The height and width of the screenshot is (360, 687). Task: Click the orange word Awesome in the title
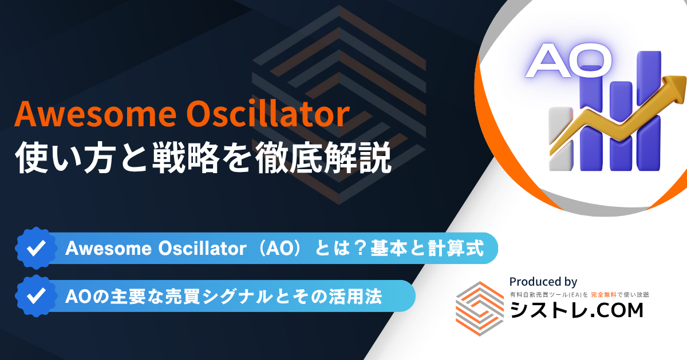[96, 114]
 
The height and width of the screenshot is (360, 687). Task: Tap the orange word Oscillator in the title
[268, 114]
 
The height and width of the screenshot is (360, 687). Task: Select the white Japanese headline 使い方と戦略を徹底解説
[203, 158]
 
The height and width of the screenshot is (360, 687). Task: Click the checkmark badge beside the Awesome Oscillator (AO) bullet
[36, 248]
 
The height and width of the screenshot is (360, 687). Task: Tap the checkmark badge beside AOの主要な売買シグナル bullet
[36, 296]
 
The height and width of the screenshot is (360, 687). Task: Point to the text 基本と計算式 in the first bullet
[427, 248]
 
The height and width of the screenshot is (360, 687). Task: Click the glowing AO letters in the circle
[569, 61]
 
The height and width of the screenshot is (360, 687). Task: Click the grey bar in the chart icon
[561, 139]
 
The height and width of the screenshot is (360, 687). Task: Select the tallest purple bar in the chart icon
[649, 110]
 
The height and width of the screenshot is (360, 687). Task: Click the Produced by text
[543, 282]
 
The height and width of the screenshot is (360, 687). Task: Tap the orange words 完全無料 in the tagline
[603, 295]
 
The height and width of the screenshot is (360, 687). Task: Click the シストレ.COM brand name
[577, 310]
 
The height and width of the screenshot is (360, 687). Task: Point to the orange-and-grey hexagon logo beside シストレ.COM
[480, 309]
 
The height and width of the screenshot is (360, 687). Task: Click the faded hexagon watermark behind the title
[339, 105]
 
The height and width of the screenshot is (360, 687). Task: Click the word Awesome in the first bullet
[108, 248]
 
